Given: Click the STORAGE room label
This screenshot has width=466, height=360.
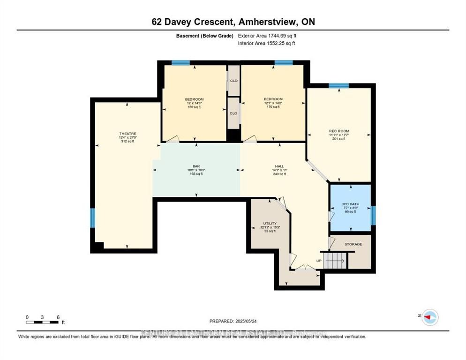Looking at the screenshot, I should pyautogui.click(x=353, y=244).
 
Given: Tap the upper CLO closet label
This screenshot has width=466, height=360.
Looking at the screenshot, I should pyautogui.click(x=233, y=80).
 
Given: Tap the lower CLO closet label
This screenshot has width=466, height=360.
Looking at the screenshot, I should pyautogui.click(x=233, y=113).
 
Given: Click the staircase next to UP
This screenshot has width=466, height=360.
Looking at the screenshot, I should pyautogui.click(x=335, y=259).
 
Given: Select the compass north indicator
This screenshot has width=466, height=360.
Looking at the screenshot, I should pyautogui.click(x=429, y=318).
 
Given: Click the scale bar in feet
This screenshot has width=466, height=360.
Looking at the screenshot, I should pyautogui.click(x=42, y=322).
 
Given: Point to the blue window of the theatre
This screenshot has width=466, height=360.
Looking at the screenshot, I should pyautogui.click(x=92, y=217).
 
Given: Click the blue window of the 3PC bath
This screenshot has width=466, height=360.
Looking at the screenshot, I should pyautogui.click(x=374, y=216).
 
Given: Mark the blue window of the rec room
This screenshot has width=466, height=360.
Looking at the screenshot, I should pyautogui.click(x=338, y=86).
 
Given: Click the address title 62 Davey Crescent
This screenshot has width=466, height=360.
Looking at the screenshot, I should pyautogui.click(x=233, y=22).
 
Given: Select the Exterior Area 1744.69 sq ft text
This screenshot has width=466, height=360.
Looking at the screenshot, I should pyautogui.click(x=268, y=35).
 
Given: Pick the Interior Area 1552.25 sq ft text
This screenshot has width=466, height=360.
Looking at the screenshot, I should pyautogui.click(x=267, y=43).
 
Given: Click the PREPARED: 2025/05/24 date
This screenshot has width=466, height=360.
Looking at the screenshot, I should pyautogui.click(x=233, y=321).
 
